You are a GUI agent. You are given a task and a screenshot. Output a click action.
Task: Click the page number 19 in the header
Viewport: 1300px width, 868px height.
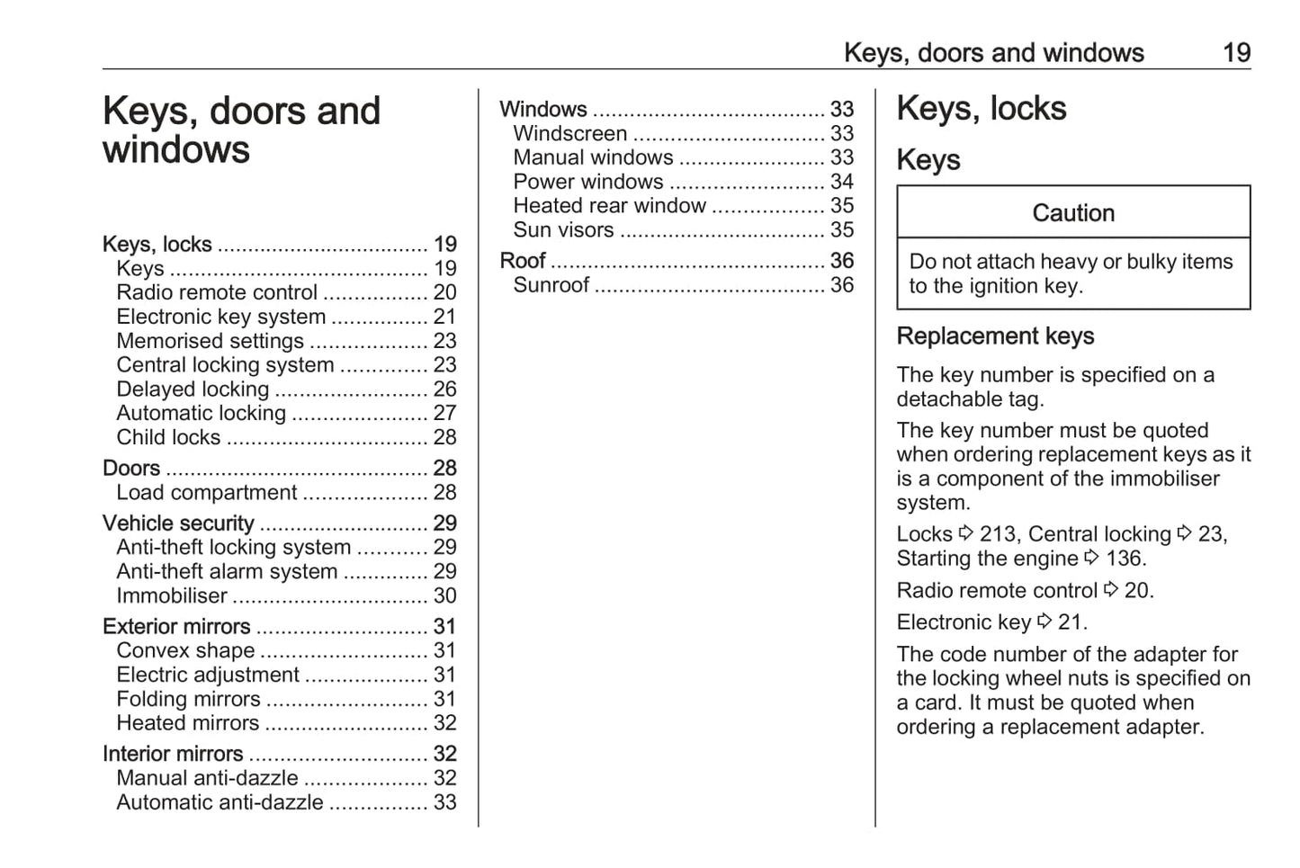pos(1236,53)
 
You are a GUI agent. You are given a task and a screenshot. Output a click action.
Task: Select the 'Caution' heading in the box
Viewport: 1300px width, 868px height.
pos(1072,213)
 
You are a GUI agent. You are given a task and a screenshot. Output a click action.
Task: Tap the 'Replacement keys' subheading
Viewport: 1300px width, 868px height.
pos(995,336)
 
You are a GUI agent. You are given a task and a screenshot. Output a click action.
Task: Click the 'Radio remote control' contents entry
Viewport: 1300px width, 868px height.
pos(217,293)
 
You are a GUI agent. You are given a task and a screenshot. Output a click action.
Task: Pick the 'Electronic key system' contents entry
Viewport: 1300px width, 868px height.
pos(220,318)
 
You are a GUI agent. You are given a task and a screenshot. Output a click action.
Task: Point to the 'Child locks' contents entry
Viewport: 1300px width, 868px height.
pos(168,438)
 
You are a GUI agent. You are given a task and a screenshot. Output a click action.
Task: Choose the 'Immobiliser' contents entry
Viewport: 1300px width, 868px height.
pos(172,596)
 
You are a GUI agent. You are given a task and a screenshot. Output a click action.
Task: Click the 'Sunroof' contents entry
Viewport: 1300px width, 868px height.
pos(551,285)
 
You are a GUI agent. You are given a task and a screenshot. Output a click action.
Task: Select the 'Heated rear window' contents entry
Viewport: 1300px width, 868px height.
pos(609,206)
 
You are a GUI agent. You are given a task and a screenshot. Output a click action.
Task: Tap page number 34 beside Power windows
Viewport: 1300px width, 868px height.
pos(842,182)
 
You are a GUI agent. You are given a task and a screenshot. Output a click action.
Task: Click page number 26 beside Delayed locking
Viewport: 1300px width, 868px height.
pos(444,389)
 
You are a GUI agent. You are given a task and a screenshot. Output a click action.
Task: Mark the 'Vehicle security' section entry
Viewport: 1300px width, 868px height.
pos(178,523)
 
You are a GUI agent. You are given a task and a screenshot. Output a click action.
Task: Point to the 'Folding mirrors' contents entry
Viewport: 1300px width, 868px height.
pos(188,700)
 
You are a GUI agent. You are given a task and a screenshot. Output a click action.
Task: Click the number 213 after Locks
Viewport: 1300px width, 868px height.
pos(998,534)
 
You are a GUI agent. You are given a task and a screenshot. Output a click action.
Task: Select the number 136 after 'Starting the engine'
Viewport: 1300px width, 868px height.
pos(1125,559)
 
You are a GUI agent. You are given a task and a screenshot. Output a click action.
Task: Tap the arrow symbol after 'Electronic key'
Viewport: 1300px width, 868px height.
pos(1044,622)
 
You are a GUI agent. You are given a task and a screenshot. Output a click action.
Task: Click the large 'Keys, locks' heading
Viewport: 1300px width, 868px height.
pos(981,109)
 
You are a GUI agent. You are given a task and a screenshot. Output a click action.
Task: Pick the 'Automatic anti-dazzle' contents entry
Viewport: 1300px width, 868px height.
pos(220,803)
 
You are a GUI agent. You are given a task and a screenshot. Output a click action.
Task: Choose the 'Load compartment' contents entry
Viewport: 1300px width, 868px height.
pos(206,493)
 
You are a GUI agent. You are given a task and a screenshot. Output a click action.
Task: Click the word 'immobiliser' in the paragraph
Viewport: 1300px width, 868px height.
pos(1169,479)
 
